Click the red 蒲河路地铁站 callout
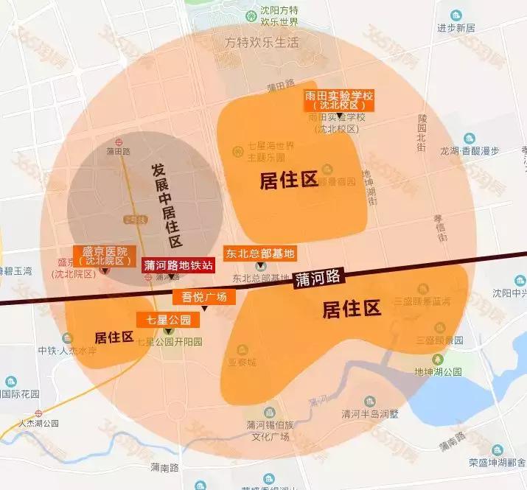tap(177, 265)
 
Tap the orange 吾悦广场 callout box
tap(203, 297)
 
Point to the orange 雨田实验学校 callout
tap(339, 101)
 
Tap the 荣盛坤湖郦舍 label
tap(495, 462)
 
